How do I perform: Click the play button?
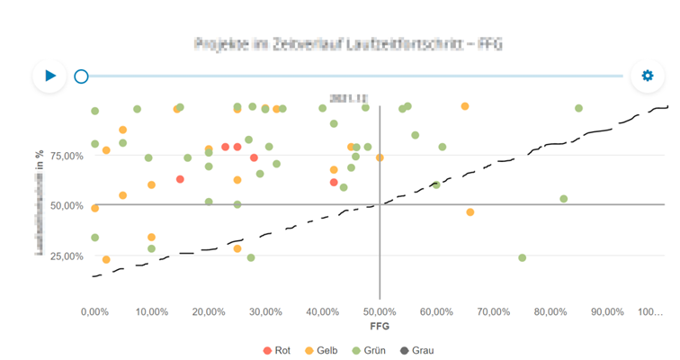(50, 76)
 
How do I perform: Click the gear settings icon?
(647, 76)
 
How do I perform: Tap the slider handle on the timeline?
(81, 76)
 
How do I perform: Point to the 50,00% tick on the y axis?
(65, 205)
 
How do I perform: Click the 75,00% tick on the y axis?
(65, 156)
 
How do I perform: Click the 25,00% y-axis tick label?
(65, 256)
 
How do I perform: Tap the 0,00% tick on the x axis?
(94, 311)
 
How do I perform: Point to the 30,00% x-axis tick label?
(265, 311)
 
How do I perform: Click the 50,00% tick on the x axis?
(380, 311)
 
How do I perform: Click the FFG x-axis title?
(380, 325)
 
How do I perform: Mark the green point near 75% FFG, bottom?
(522, 258)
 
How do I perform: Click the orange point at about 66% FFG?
(470, 212)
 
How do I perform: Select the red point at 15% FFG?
(180, 179)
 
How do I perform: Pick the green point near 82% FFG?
(564, 199)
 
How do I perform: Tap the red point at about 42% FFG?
(334, 183)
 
